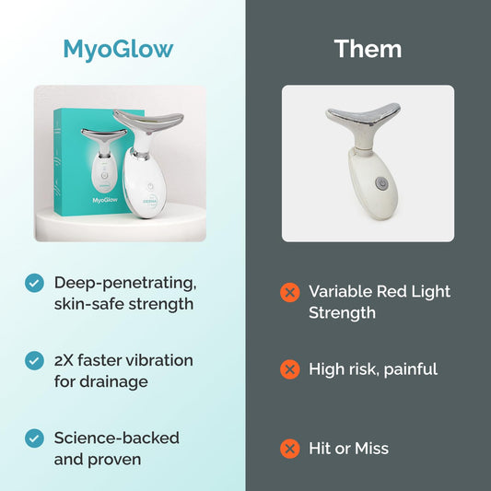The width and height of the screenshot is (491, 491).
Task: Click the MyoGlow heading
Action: click(117, 49)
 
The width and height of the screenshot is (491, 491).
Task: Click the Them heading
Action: click(368, 49)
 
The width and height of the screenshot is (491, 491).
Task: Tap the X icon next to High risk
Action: click(290, 369)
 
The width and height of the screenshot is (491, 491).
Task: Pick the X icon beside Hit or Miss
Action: click(290, 449)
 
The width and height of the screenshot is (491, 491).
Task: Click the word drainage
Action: click(123, 380)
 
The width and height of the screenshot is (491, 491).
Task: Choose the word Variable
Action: click(342, 291)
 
